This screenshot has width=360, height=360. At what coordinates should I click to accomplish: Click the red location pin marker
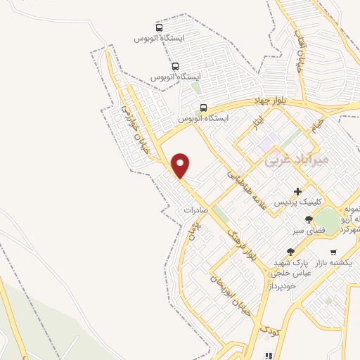coord(181,166)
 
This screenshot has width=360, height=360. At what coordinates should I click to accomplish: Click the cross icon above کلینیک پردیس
coord(297,191)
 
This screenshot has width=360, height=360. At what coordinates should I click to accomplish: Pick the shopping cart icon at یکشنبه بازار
coord(333,251)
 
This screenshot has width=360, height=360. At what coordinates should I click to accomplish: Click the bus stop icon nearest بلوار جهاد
coord(203,108)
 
